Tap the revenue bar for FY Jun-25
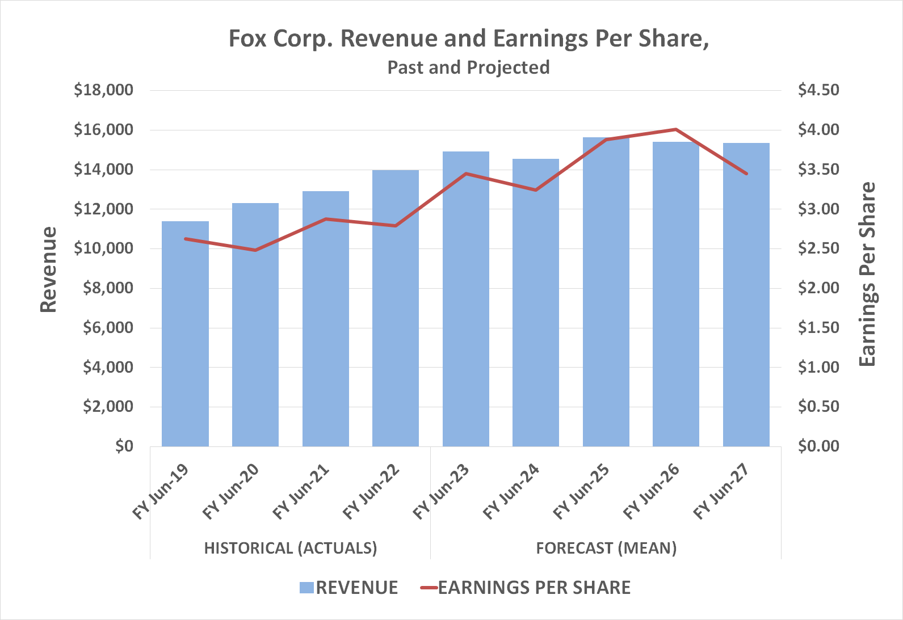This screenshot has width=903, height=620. tap(606, 292)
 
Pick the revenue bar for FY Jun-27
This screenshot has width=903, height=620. tap(746, 294)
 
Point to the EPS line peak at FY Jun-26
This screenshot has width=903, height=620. tap(675, 129)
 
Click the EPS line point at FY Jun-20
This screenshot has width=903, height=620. tap(255, 250)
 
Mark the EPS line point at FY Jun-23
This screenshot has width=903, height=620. tap(466, 174)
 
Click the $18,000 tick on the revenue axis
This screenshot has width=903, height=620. tap(103, 90)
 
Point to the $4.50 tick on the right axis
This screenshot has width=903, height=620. tap(818, 90)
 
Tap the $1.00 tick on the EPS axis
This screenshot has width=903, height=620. tap(818, 367)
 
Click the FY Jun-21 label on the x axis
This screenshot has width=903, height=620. tap(301, 492)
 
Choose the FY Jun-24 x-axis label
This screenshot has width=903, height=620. tap(511, 492)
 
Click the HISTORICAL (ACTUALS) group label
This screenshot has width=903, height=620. tap(290, 549)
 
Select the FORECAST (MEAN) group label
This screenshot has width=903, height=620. tap(606, 549)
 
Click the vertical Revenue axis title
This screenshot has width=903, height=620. tap(49, 269)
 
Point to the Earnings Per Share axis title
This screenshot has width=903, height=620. tap(867, 274)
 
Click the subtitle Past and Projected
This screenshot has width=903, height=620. tap(468, 68)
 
